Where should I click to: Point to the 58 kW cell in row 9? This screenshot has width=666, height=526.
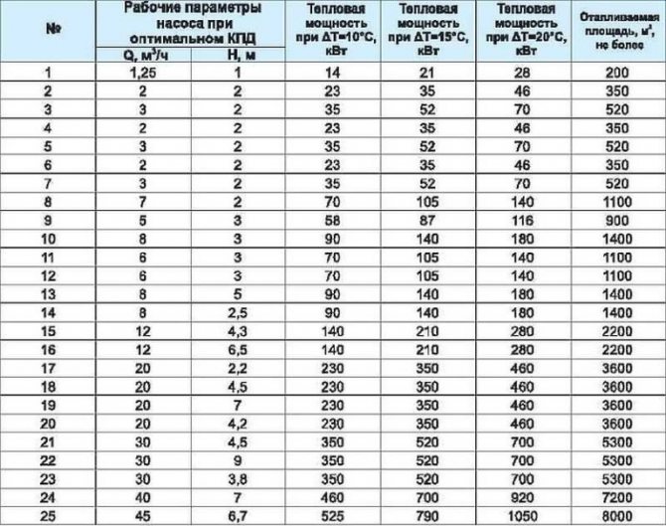tap(334, 220)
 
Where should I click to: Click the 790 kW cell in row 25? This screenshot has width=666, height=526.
tap(430, 514)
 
